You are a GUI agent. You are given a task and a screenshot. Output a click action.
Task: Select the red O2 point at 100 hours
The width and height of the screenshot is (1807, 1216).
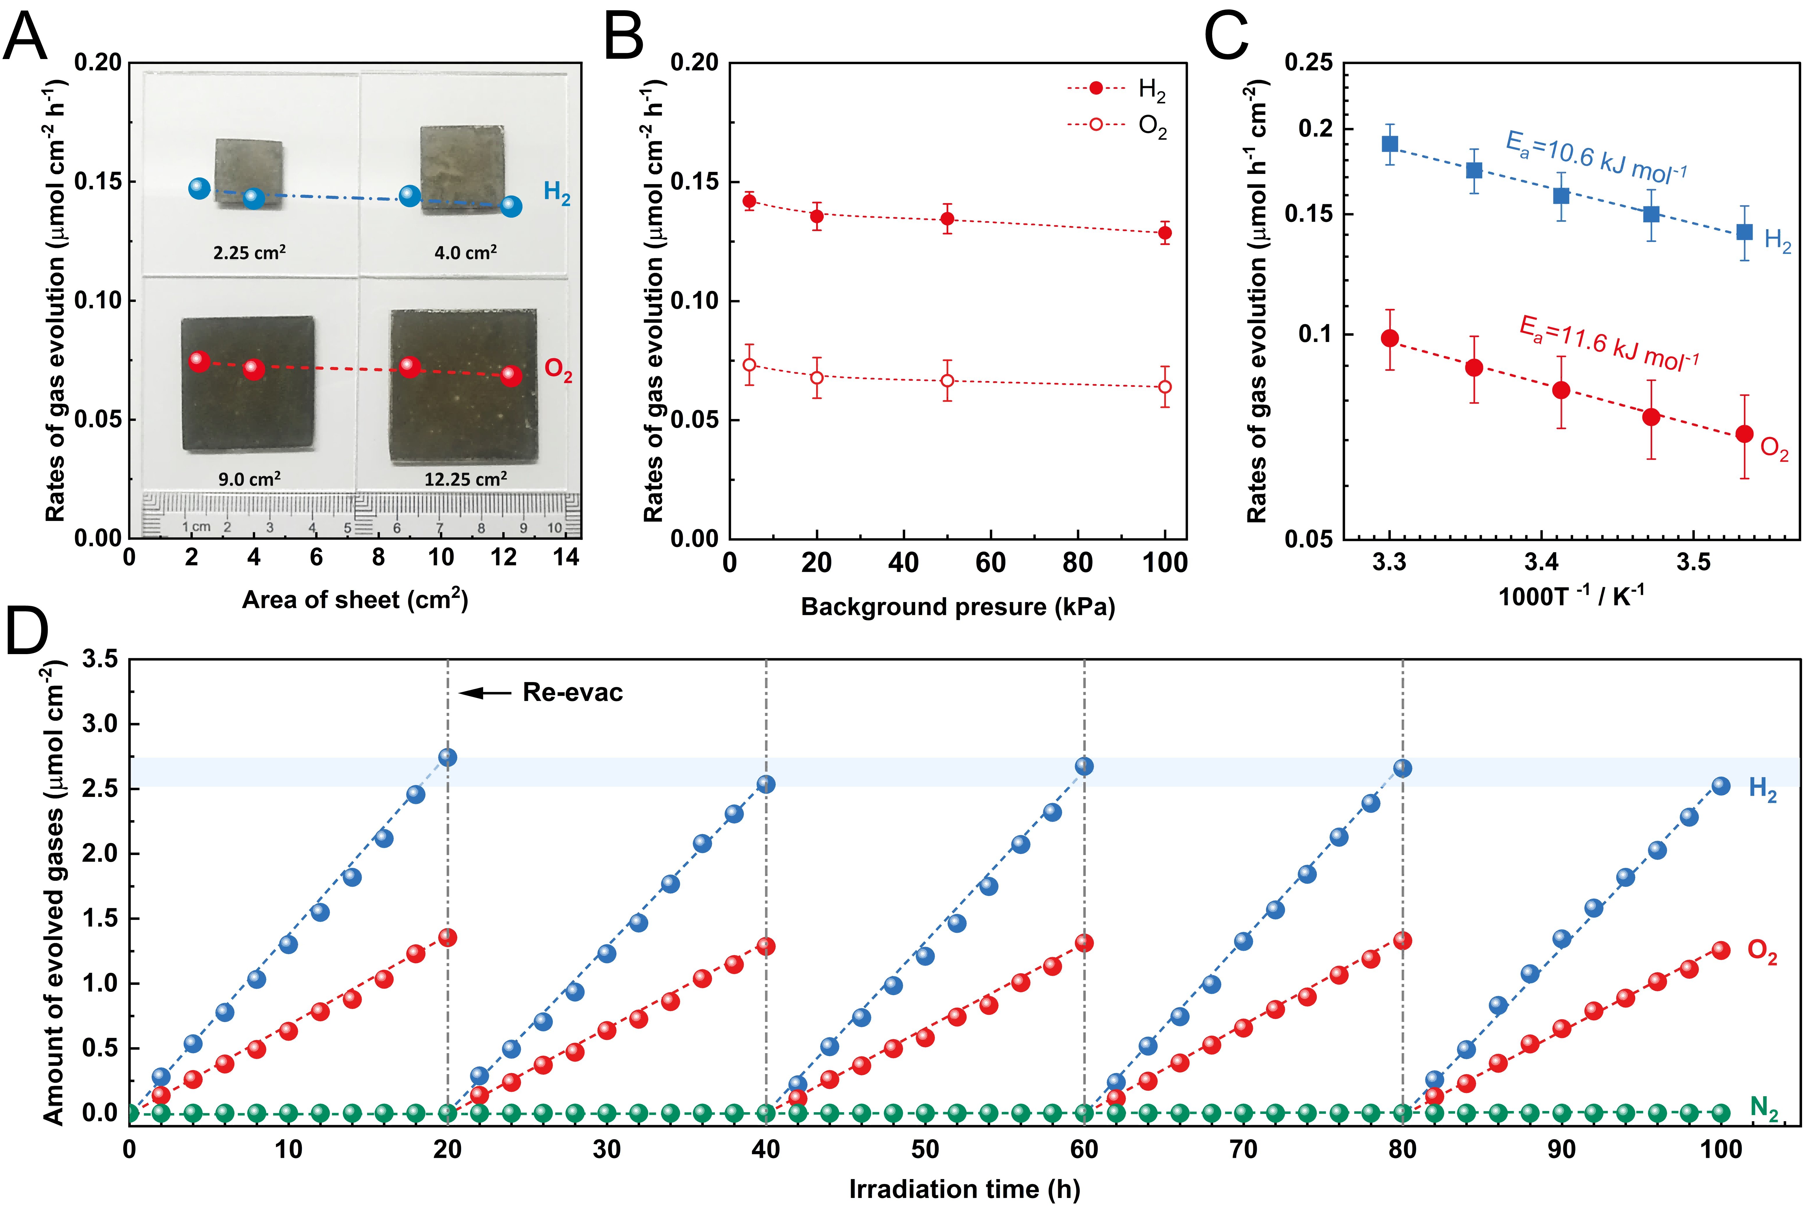[x=1721, y=950]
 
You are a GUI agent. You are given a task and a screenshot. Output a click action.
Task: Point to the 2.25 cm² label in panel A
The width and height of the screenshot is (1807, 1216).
[x=249, y=252]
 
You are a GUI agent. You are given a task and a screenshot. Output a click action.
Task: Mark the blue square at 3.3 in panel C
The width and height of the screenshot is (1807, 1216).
[x=1390, y=143]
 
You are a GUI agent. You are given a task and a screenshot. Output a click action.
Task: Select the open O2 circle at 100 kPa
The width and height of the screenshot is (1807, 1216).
[x=1165, y=387]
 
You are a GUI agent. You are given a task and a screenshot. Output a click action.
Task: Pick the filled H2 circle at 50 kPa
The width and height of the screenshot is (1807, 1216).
[x=947, y=219]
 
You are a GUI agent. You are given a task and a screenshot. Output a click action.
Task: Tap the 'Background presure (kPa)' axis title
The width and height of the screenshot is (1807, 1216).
[x=958, y=606]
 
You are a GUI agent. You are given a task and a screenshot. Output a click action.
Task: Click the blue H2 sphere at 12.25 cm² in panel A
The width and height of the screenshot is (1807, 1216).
[x=510, y=206]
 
